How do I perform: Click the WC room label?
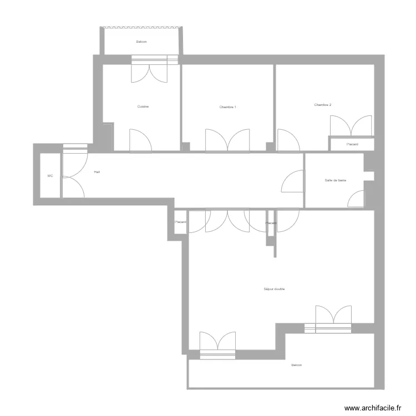click(x=50, y=176)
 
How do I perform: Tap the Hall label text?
click(x=97, y=172)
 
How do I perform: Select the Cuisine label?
click(x=143, y=106)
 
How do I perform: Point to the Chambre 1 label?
click(x=228, y=107)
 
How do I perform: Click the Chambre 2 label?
click(x=322, y=105)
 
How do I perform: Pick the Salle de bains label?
click(x=335, y=180)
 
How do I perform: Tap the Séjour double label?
click(x=274, y=288)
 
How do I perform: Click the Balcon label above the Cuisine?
click(x=141, y=42)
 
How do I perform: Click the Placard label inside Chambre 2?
click(x=352, y=144)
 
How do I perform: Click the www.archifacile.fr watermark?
click(x=372, y=408)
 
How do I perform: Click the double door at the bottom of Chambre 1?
click(x=227, y=140)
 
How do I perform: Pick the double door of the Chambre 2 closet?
click(x=351, y=126)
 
